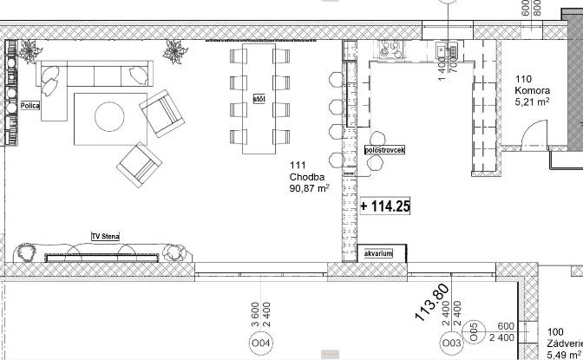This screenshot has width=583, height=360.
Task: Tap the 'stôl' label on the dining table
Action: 259,99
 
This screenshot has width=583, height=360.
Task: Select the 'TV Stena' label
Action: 105,236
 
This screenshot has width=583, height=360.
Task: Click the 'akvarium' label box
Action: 378,253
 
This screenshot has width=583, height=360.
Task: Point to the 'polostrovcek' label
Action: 384,150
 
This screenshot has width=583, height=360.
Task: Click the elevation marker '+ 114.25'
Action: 384,206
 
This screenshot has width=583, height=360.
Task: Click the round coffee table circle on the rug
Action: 108,116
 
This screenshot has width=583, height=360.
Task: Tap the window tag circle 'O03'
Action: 450,344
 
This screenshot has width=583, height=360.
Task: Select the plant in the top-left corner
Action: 31,50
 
